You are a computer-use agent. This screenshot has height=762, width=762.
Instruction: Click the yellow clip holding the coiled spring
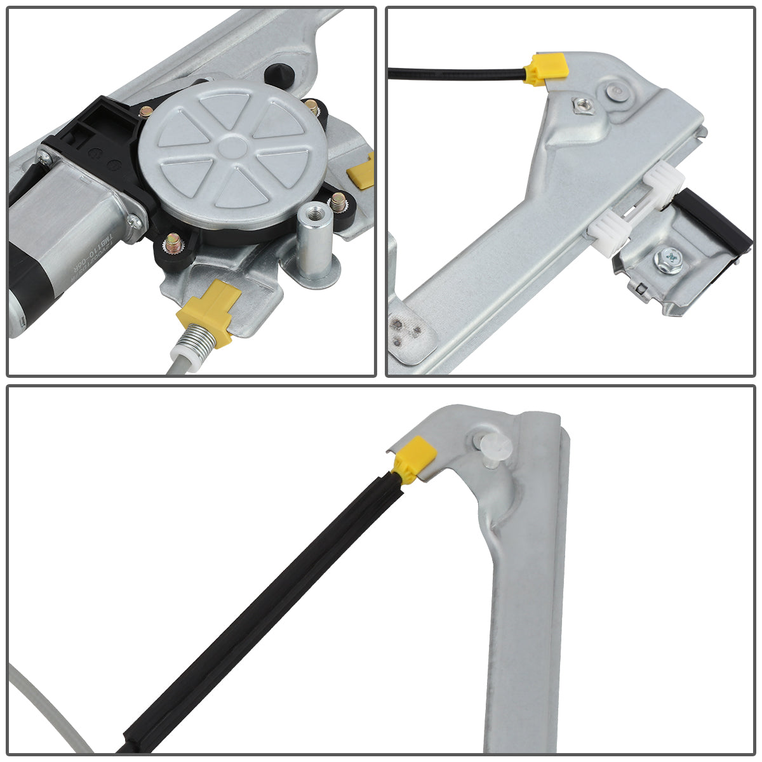pyautogui.click(x=210, y=311)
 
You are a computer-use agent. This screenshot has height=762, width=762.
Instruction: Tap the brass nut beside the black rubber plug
pyautogui.click(x=312, y=107)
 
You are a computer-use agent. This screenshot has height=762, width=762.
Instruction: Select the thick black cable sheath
pyautogui.click(x=267, y=610)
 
